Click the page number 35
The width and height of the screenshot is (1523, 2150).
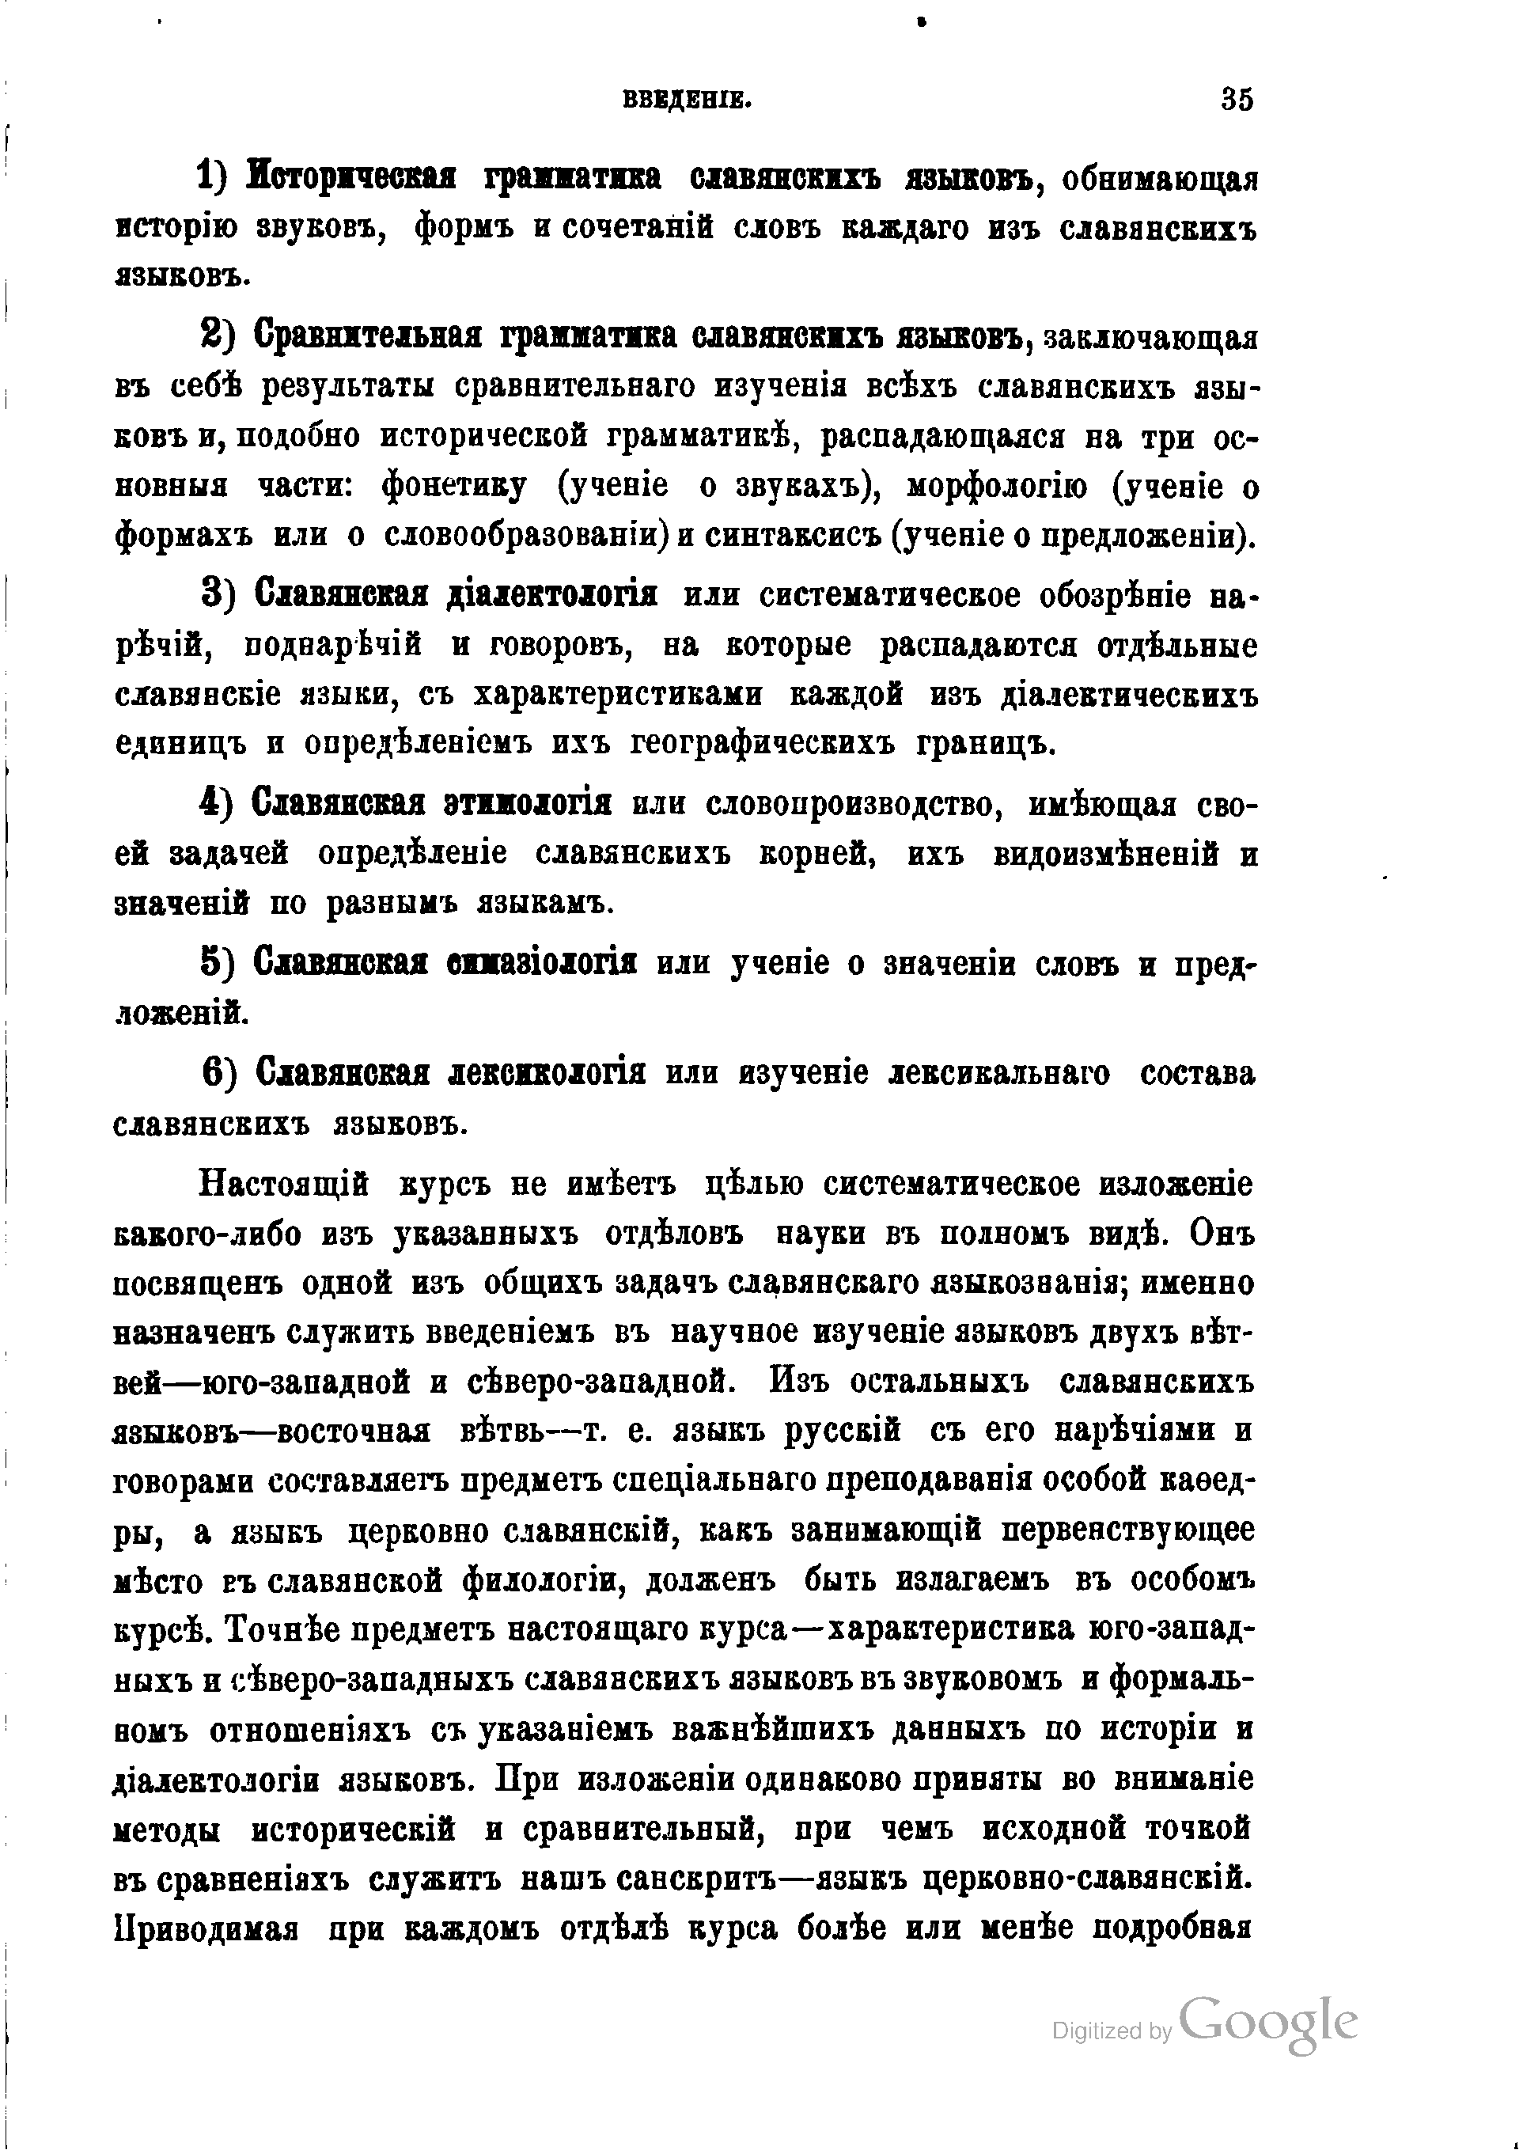[x=1237, y=100]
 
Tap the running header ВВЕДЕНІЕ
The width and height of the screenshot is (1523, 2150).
[x=688, y=100]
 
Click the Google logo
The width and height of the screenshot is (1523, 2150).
[x=1268, y=2024]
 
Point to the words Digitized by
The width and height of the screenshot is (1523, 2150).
[x=1112, y=2032]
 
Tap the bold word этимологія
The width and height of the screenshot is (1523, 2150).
[x=528, y=804]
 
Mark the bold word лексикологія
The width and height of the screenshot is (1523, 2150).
[x=548, y=1073]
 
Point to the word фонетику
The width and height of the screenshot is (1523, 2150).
[x=455, y=487]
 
